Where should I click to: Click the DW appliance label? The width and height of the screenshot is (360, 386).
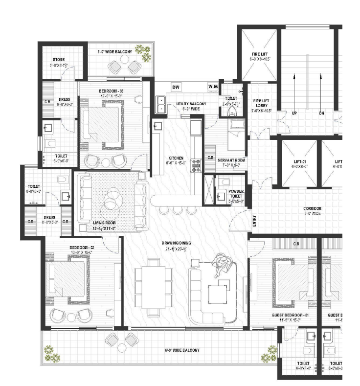(x=176, y=87)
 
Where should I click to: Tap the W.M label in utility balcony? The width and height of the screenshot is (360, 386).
(x=212, y=87)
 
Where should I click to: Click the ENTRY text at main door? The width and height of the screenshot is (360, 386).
(x=254, y=221)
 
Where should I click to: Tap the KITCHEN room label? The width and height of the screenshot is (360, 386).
(x=176, y=158)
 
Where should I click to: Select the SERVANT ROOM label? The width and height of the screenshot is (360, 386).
(x=231, y=160)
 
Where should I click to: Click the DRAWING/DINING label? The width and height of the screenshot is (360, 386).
(x=176, y=243)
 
